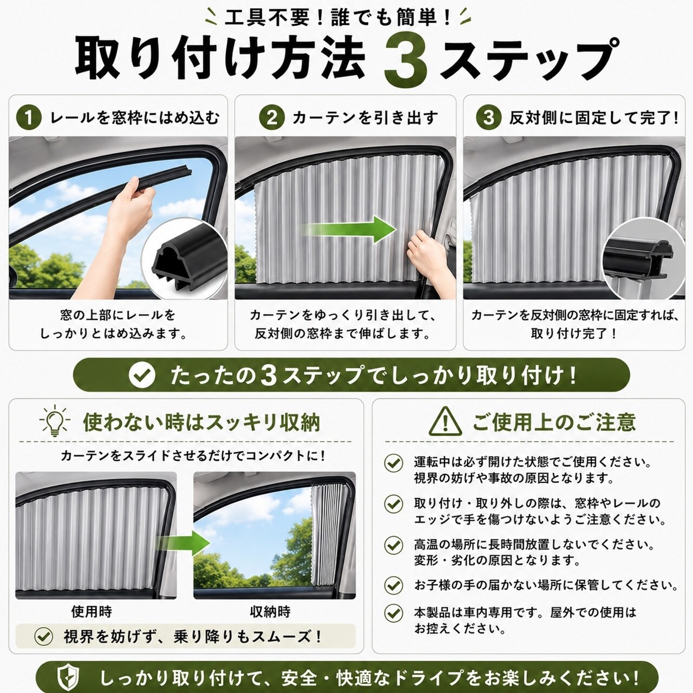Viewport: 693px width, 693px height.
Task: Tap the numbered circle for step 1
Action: (x=29, y=117)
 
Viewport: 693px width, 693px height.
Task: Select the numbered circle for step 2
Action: (x=272, y=117)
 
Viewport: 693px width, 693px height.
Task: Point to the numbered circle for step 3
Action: (x=488, y=117)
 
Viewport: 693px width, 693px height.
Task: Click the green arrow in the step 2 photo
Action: (x=348, y=230)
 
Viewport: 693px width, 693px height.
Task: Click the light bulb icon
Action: (x=55, y=421)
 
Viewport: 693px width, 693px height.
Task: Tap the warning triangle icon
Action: (x=445, y=421)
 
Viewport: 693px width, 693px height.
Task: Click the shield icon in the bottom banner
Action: (x=69, y=678)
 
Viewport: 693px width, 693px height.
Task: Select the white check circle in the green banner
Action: (x=142, y=375)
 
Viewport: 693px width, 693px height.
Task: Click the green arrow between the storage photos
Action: (x=184, y=543)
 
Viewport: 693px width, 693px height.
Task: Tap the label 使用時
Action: (x=91, y=611)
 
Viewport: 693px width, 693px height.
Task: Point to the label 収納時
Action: (x=270, y=611)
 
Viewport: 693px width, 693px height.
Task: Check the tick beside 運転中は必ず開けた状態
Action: (x=394, y=463)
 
